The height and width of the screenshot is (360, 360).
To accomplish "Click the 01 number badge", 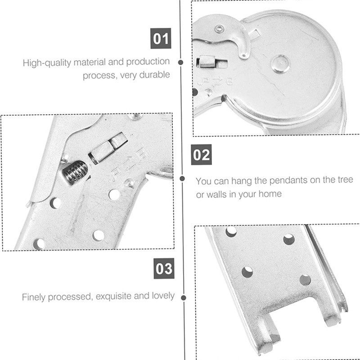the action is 161,38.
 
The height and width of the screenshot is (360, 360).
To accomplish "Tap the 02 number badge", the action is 201,154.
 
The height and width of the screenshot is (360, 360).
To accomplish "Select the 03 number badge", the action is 164,268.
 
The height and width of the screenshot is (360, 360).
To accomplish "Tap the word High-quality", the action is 47,63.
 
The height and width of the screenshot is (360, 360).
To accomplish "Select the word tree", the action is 345,180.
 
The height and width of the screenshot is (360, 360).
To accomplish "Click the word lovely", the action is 163,296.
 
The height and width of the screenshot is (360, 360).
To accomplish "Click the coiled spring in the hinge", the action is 75,172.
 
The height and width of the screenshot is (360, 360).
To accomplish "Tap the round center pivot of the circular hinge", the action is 280,64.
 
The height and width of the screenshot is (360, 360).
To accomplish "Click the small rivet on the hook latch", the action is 220,29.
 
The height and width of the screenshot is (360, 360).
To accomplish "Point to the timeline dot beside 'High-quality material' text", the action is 181,62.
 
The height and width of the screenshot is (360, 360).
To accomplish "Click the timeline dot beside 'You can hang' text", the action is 182,179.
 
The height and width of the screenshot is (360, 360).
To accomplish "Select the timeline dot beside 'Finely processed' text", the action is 184,298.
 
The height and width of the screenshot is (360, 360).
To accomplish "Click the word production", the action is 148,62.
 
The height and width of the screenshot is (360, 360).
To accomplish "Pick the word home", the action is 270,194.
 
